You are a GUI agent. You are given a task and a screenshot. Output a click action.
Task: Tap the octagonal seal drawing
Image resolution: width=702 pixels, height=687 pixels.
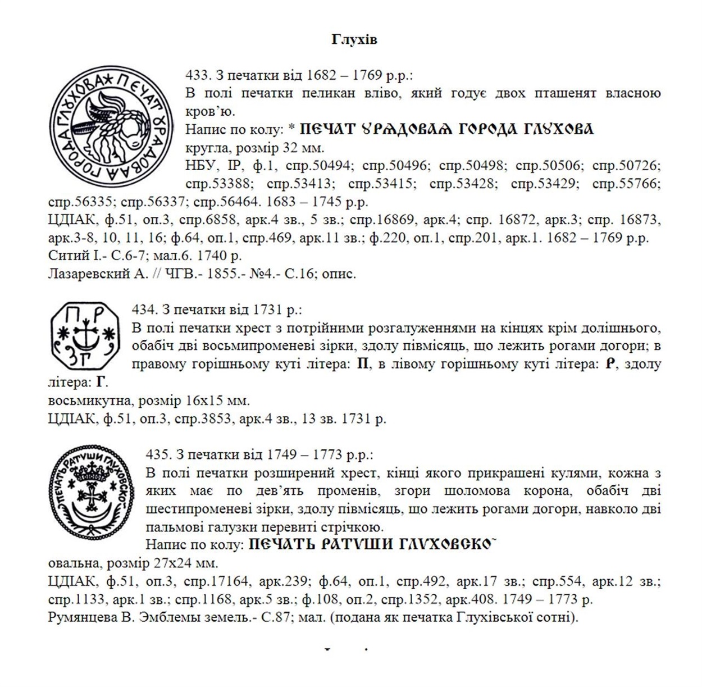click(x=84, y=336)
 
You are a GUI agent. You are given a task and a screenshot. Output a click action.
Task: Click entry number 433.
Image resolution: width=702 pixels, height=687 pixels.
click(x=195, y=75)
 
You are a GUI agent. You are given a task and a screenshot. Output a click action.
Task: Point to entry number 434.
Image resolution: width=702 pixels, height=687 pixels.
click(x=142, y=309)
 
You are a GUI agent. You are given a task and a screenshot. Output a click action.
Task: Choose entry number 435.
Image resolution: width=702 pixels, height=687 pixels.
click(x=156, y=454)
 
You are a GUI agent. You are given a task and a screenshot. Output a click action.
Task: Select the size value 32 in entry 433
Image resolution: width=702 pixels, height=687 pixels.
click(x=294, y=148)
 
